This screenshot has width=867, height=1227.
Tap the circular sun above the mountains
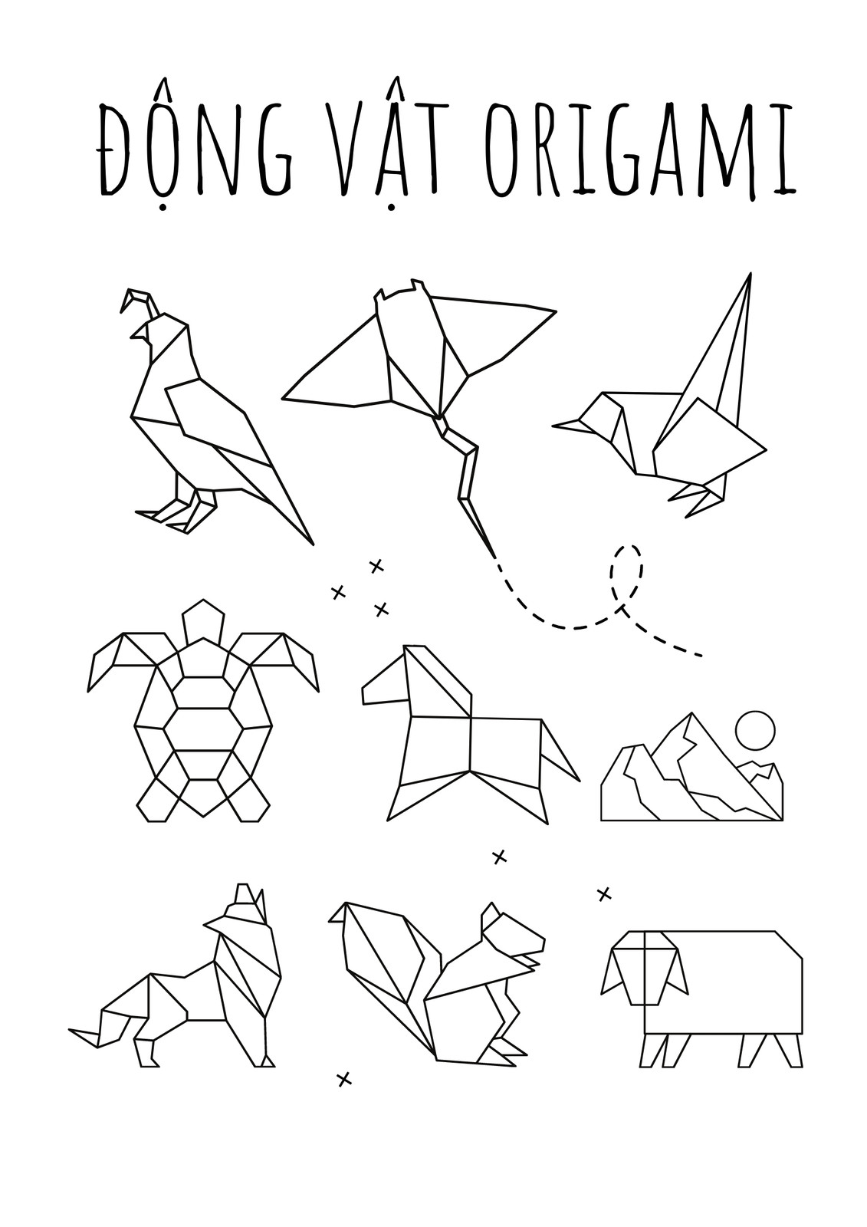tap(755, 731)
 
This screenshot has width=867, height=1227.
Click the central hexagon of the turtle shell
tap(203, 729)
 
